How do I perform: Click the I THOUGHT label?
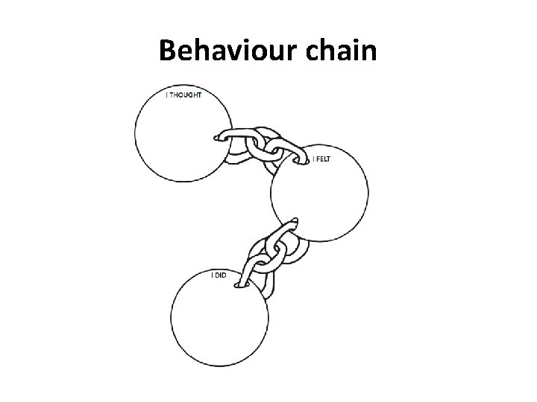coord(182,95)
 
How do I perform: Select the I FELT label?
coord(321,159)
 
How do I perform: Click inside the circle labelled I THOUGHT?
coord(183,134)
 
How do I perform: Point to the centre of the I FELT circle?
coord(319,194)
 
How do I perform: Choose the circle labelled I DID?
coord(219,320)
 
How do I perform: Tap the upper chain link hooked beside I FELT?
coord(289,155)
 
